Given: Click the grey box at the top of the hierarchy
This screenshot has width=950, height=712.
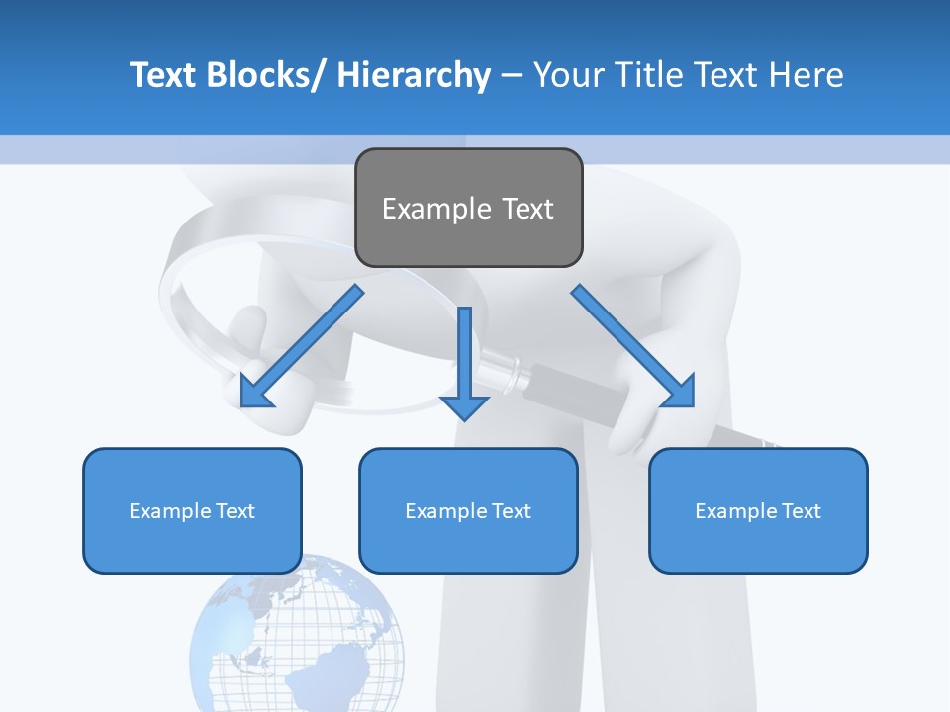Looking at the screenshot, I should pos(468,208).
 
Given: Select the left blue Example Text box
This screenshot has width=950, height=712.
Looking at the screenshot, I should pos(192,510).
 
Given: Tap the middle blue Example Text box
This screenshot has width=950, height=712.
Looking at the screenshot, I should pos(468,510).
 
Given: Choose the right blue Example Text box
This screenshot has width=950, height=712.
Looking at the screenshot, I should pos(758,510).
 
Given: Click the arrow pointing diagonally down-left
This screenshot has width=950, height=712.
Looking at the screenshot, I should pos(302,346).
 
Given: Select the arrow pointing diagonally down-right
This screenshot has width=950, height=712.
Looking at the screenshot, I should pos(632,345).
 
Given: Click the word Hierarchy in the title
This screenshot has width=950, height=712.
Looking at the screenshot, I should pos(414,75).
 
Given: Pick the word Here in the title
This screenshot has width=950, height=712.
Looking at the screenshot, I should pos(805,75).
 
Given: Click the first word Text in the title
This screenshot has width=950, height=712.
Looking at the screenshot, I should pos(164,75).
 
